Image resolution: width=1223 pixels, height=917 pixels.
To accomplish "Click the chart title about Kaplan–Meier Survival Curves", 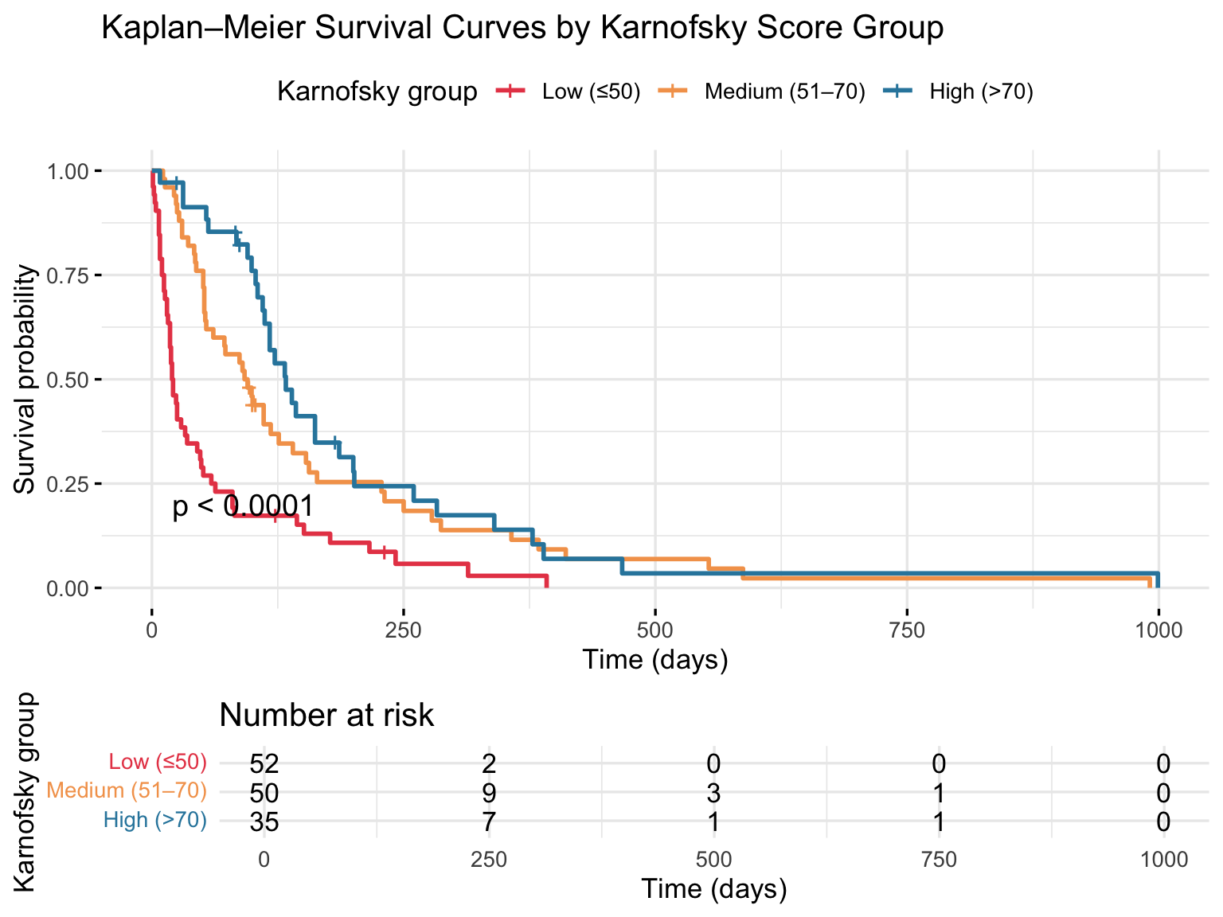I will coord(522,29).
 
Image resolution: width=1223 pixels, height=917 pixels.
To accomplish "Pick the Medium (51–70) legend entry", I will coord(784,92).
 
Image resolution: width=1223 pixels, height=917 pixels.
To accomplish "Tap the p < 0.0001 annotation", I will coord(243,506).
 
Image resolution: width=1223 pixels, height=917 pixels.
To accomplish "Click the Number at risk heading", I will coord(326,716).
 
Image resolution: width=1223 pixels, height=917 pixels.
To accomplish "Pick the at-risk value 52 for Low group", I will coord(264,763).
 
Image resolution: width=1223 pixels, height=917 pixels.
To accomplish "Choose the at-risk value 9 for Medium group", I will coord(489,792).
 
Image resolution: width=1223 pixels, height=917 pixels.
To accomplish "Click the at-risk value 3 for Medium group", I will coord(714,792).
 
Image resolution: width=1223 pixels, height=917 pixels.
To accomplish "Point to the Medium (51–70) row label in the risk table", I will coord(127,791).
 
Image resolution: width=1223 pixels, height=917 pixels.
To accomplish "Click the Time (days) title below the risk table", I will coord(714,888).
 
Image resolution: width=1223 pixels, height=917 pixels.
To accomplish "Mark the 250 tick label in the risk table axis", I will coord(489,860).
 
